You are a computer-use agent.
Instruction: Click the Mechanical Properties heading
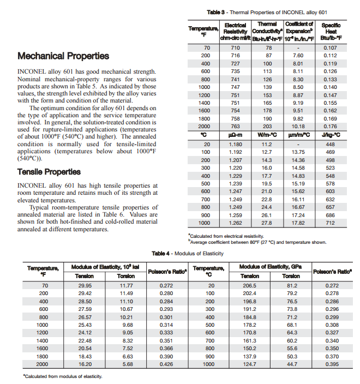[63, 56]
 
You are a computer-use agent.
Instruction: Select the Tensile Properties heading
[49, 172]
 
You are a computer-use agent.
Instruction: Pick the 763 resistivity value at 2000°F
[235, 127]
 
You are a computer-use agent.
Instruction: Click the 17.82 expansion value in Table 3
[298, 223]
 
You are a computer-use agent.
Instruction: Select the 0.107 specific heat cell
[331, 48]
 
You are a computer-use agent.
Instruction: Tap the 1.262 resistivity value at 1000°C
[235, 223]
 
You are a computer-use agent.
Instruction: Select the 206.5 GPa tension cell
[249, 285]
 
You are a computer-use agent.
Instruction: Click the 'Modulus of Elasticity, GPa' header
[271, 266]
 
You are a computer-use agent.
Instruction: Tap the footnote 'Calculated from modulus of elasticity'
[63, 376]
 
